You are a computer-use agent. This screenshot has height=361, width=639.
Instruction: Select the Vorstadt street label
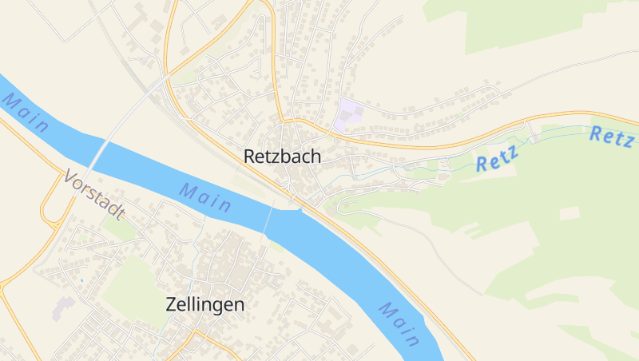95,195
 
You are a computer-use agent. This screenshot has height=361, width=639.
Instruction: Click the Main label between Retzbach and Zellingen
205,197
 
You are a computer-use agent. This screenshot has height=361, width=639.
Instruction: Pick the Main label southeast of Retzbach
399,323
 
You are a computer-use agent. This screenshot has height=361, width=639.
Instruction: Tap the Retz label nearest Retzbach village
497,158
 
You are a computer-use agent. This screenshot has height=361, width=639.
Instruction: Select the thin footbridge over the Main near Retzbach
268,216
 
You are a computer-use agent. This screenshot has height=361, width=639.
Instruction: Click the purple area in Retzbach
349,115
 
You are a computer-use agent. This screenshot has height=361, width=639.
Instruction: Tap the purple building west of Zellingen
62,307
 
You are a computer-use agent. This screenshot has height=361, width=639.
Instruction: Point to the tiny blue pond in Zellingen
81,280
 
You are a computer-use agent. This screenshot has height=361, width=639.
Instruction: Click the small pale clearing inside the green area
570,213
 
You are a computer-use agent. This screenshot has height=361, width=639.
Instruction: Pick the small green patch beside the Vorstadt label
120,228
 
